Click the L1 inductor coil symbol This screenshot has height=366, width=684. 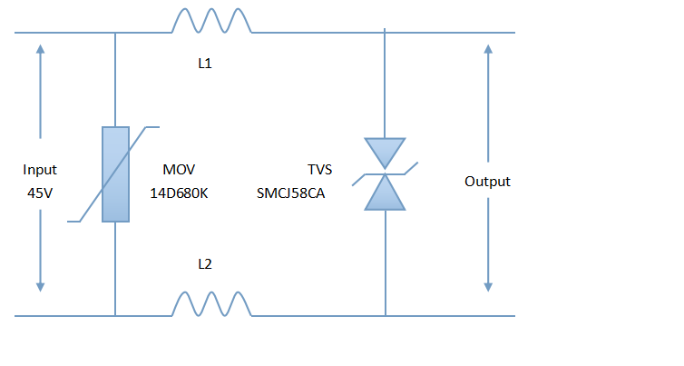[x=212, y=22]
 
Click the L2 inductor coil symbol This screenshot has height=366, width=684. [x=212, y=304]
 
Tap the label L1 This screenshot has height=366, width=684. [x=205, y=64]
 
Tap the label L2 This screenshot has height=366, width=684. [x=205, y=264]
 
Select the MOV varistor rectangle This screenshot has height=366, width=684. [x=115, y=174]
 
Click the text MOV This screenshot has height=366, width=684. [x=179, y=170]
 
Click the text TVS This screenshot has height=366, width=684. [x=320, y=170]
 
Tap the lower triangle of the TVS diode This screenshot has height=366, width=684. [x=386, y=194]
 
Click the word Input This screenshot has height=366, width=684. [x=40, y=170]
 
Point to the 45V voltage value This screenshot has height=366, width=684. [x=40, y=193]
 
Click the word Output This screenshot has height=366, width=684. [x=487, y=182]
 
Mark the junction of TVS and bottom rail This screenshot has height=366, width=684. [x=386, y=316]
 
